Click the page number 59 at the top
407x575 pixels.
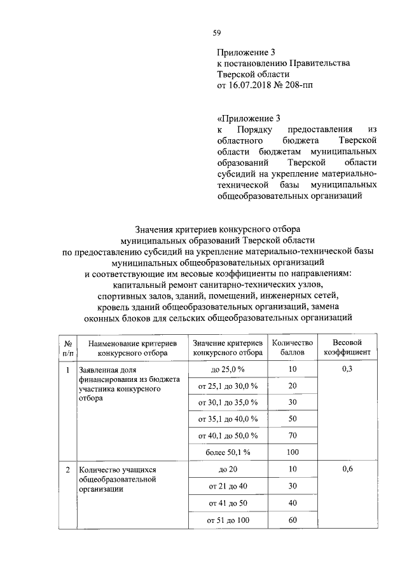[x=216, y=32]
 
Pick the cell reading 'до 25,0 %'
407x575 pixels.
[x=228, y=369]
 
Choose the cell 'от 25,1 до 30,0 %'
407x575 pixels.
[x=228, y=386]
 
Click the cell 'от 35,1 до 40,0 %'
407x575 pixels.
[x=228, y=419]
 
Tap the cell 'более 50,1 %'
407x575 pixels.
[x=228, y=452]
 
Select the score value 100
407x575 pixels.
[x=293, y=452]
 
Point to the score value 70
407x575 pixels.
[x=293, y=435]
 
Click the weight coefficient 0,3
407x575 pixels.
[x=347, y=369]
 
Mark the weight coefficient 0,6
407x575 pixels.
[x=347, y=470]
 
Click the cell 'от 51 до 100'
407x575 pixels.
[x=228, y=520]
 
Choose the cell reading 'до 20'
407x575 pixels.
[x=228, y=470]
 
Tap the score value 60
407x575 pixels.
[x=293, y=520]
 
